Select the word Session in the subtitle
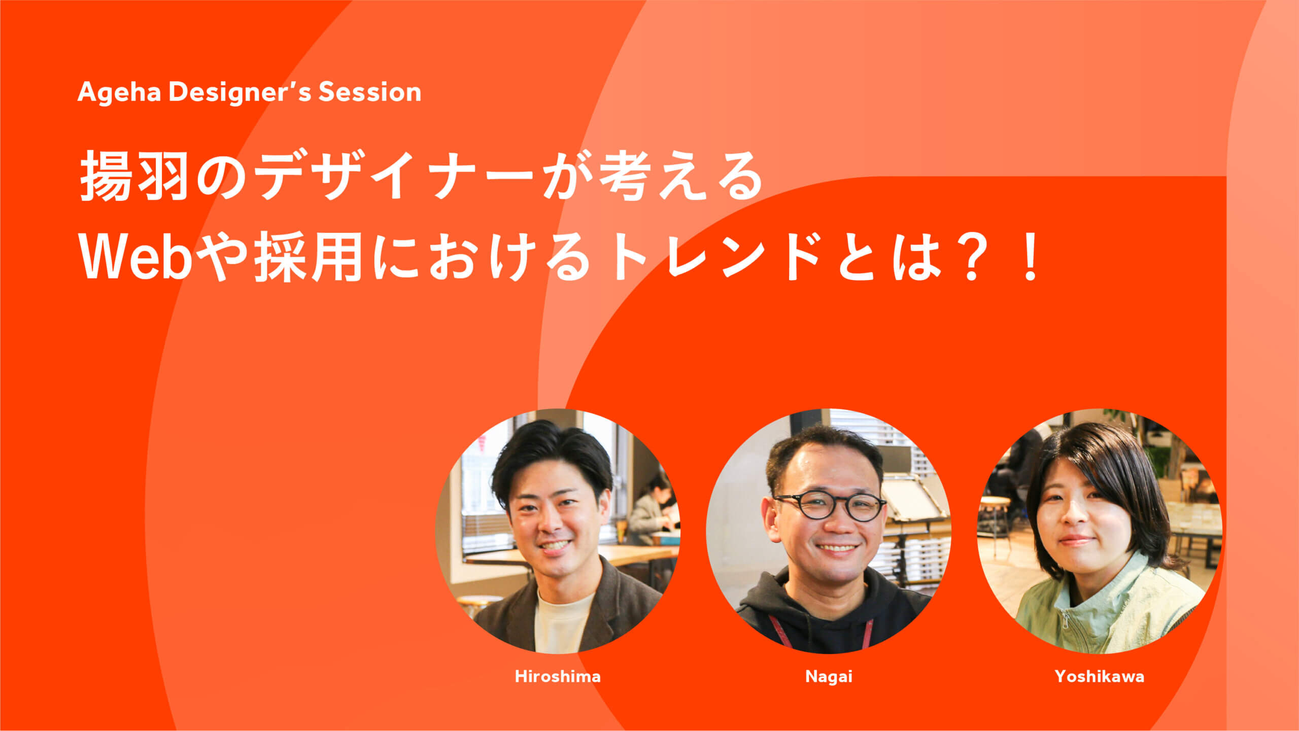click(370, 92)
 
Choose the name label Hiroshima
click(558, 676)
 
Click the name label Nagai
click(829, 677)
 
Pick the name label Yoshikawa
click(1100, 676)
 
